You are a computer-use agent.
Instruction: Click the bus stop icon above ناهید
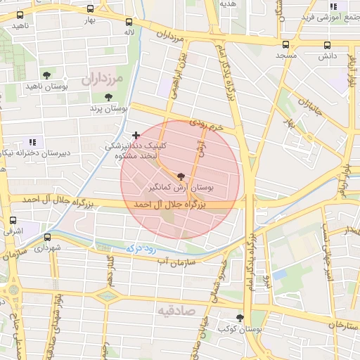coord(20,15)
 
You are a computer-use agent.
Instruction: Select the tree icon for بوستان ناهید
coord(47,75)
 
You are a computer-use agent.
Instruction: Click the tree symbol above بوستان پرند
coord(108,97)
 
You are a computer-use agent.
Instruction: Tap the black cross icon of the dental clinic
coord(136,134)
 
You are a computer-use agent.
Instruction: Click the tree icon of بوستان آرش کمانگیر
coord(181,177)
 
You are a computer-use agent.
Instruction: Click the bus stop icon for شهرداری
coord(47,237)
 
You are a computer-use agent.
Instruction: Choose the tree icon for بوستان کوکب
coord(240,318)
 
